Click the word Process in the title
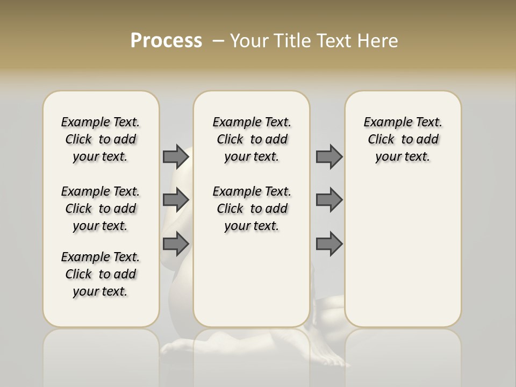[166, 41]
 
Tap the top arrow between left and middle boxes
[176, 156]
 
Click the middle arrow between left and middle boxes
[176, 200]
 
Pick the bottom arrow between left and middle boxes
[176, 244]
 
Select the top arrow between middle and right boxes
[329, 156]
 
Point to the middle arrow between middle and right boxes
[329, 200]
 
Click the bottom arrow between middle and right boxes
[329, 244]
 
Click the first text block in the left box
[101, 139]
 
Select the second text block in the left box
[101, 209]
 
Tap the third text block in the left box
[101, 274]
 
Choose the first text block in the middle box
[252, 139]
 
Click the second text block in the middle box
[252, 209]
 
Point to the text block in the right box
[403, 139]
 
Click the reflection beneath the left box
[101, 355]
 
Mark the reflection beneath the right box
[403, 355]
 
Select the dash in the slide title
[218, 41]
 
